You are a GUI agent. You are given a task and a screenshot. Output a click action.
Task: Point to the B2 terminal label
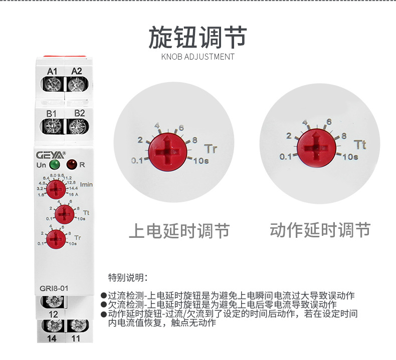tap(79, 113)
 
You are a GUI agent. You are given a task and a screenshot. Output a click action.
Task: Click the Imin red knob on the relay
tap(57, 190)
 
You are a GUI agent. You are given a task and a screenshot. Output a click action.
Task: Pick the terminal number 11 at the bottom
tap(76, 338)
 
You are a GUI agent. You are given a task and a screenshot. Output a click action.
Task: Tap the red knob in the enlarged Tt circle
tap(315, 147)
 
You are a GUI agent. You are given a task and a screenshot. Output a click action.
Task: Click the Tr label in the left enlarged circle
tap(211, 149)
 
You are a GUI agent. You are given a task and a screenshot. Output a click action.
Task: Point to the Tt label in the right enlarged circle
tap(360, 145)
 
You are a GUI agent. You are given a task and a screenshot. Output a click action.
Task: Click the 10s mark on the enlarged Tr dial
tap(202, 160)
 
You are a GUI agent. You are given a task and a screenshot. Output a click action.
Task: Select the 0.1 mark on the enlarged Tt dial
tap(286, 157)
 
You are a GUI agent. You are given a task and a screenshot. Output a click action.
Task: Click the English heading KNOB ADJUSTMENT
tap(197, 57)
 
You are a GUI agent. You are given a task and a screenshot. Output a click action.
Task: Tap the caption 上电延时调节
tap(179, 231)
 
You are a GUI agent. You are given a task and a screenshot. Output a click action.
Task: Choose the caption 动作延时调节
tap(320, 230)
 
